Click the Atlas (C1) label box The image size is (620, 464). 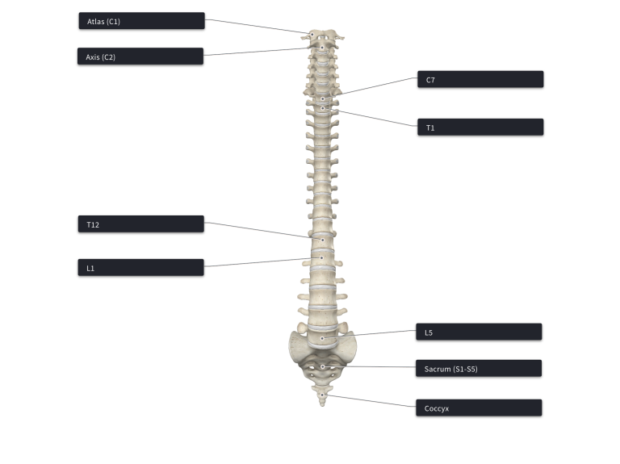coord(142,20)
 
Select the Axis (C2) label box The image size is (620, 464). coord(140,56)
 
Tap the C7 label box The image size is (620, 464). coord(480,79)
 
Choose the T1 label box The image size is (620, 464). coord(480,127)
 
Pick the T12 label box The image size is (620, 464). coord(141,224)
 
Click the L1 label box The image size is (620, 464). coord(141,267)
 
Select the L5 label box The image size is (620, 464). coord(479,332)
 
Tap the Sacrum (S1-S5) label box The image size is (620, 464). coord(479,368)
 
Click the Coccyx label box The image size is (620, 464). coord(479,408)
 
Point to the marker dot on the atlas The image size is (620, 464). coord(312,35)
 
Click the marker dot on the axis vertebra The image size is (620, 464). coord(322,48)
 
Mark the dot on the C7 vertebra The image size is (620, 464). coord(323,98)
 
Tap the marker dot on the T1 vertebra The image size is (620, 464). coord(323,108)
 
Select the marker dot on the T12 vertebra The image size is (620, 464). coord(323,240)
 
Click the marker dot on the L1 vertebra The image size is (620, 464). coord(321,257)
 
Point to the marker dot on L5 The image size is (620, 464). coord(322,338)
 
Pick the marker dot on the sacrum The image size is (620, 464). coord(322,367)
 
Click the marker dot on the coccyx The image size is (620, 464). coord(322,395)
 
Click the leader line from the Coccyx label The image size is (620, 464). coord(369,400)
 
